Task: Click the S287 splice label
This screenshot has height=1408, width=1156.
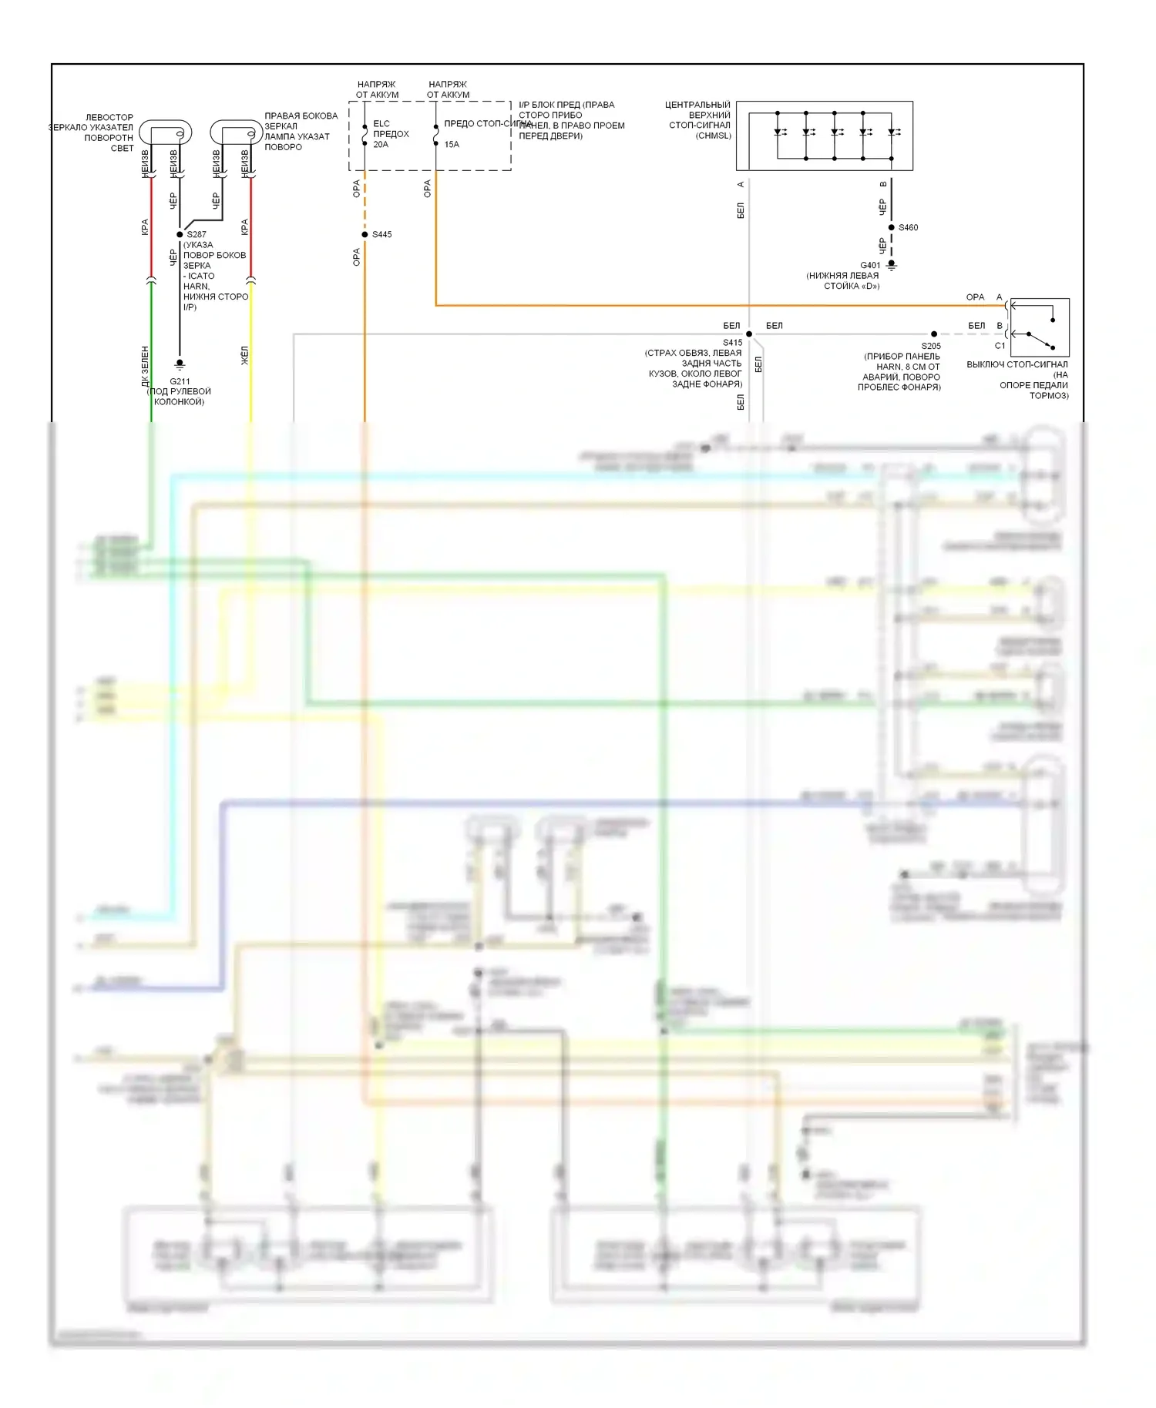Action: tap(197, 234)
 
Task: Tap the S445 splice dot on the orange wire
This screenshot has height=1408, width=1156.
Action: tap(365, 234)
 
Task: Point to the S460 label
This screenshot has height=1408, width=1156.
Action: tap(909, 227)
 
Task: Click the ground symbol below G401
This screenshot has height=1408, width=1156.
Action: tap(892, 265)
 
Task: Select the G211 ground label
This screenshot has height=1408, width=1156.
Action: tap(180, 381)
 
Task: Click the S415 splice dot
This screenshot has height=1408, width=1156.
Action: tap(749, 334)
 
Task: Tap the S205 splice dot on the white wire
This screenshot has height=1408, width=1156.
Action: tap(934, 334)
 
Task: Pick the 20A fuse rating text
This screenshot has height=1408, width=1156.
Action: tap(381, 144)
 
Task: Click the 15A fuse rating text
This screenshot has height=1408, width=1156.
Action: tap(452, 144)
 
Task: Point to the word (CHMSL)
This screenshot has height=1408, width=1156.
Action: tap(713, 136)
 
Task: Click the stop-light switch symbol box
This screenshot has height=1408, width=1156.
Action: tap(1039, 327)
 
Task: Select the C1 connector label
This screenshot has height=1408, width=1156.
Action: tap(1000, 346)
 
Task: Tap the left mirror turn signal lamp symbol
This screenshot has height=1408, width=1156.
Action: tap(165, 133)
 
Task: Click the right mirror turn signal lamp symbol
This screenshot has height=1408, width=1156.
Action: tap(237, 133)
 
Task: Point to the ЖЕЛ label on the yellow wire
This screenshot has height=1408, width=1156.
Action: tap(245, 355)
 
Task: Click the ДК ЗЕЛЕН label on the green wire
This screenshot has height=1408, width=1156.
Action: tap(145, 367)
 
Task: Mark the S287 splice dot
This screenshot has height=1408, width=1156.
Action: tap(180, 234)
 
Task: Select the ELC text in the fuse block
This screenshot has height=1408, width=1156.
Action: tap(381, 123)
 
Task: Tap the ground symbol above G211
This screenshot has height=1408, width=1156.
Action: tap(180, 364)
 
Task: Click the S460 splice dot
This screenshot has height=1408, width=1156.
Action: tap(892, 227)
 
